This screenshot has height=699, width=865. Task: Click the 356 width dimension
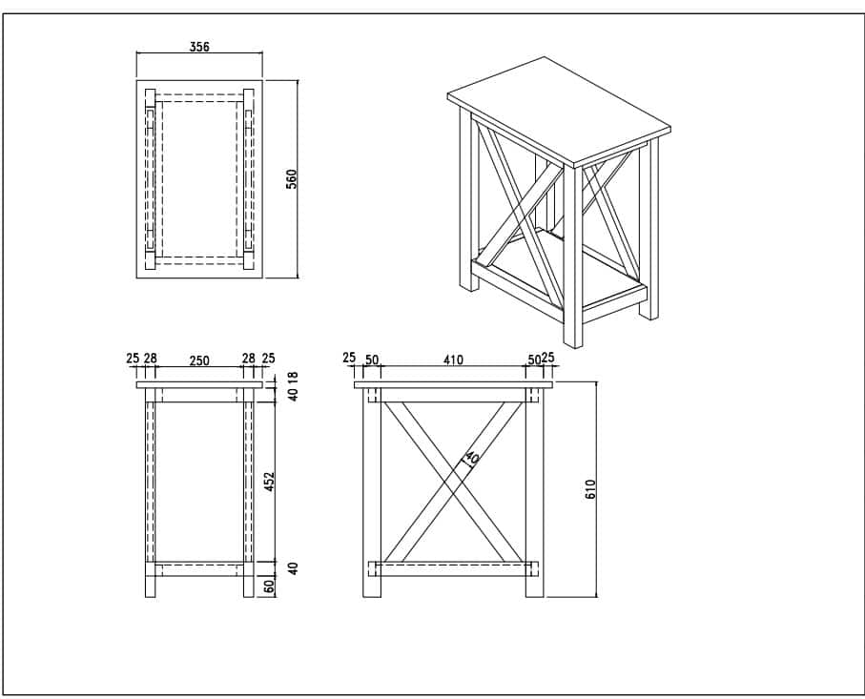coord(199,47)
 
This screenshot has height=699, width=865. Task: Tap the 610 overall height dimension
coord(590,489)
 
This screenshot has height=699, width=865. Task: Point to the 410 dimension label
coord(452,360)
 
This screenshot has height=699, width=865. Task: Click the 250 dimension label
coord(199,360)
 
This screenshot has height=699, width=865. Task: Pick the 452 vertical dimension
coord(269,482)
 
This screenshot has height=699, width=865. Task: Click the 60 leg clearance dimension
coord(269,586)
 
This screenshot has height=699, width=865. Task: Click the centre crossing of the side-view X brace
coord(453,483)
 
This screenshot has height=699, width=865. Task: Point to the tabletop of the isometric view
coord(558,112)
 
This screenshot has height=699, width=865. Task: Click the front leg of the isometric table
coord(573,257)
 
